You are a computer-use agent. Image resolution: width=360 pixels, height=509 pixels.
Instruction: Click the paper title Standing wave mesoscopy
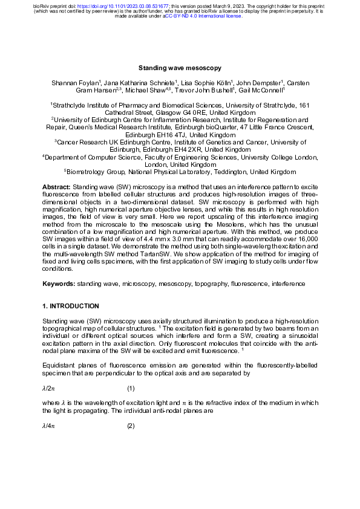180,69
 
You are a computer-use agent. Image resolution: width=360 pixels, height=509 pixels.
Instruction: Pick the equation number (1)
131,387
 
